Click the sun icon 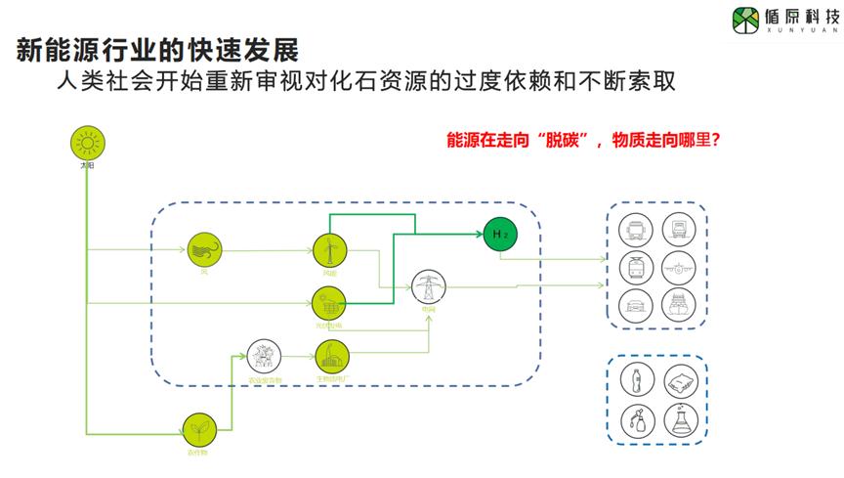[x=87, y=145]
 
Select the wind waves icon [x=204, y=250]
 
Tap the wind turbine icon [x=329, y=250]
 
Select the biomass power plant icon [x=330, y=356]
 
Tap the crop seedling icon [x=199, y=428]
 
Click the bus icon [x=636, y=230]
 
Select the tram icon [x=636, y=266]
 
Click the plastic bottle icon [x=636, y=380]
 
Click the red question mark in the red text [x=715, y=141]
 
